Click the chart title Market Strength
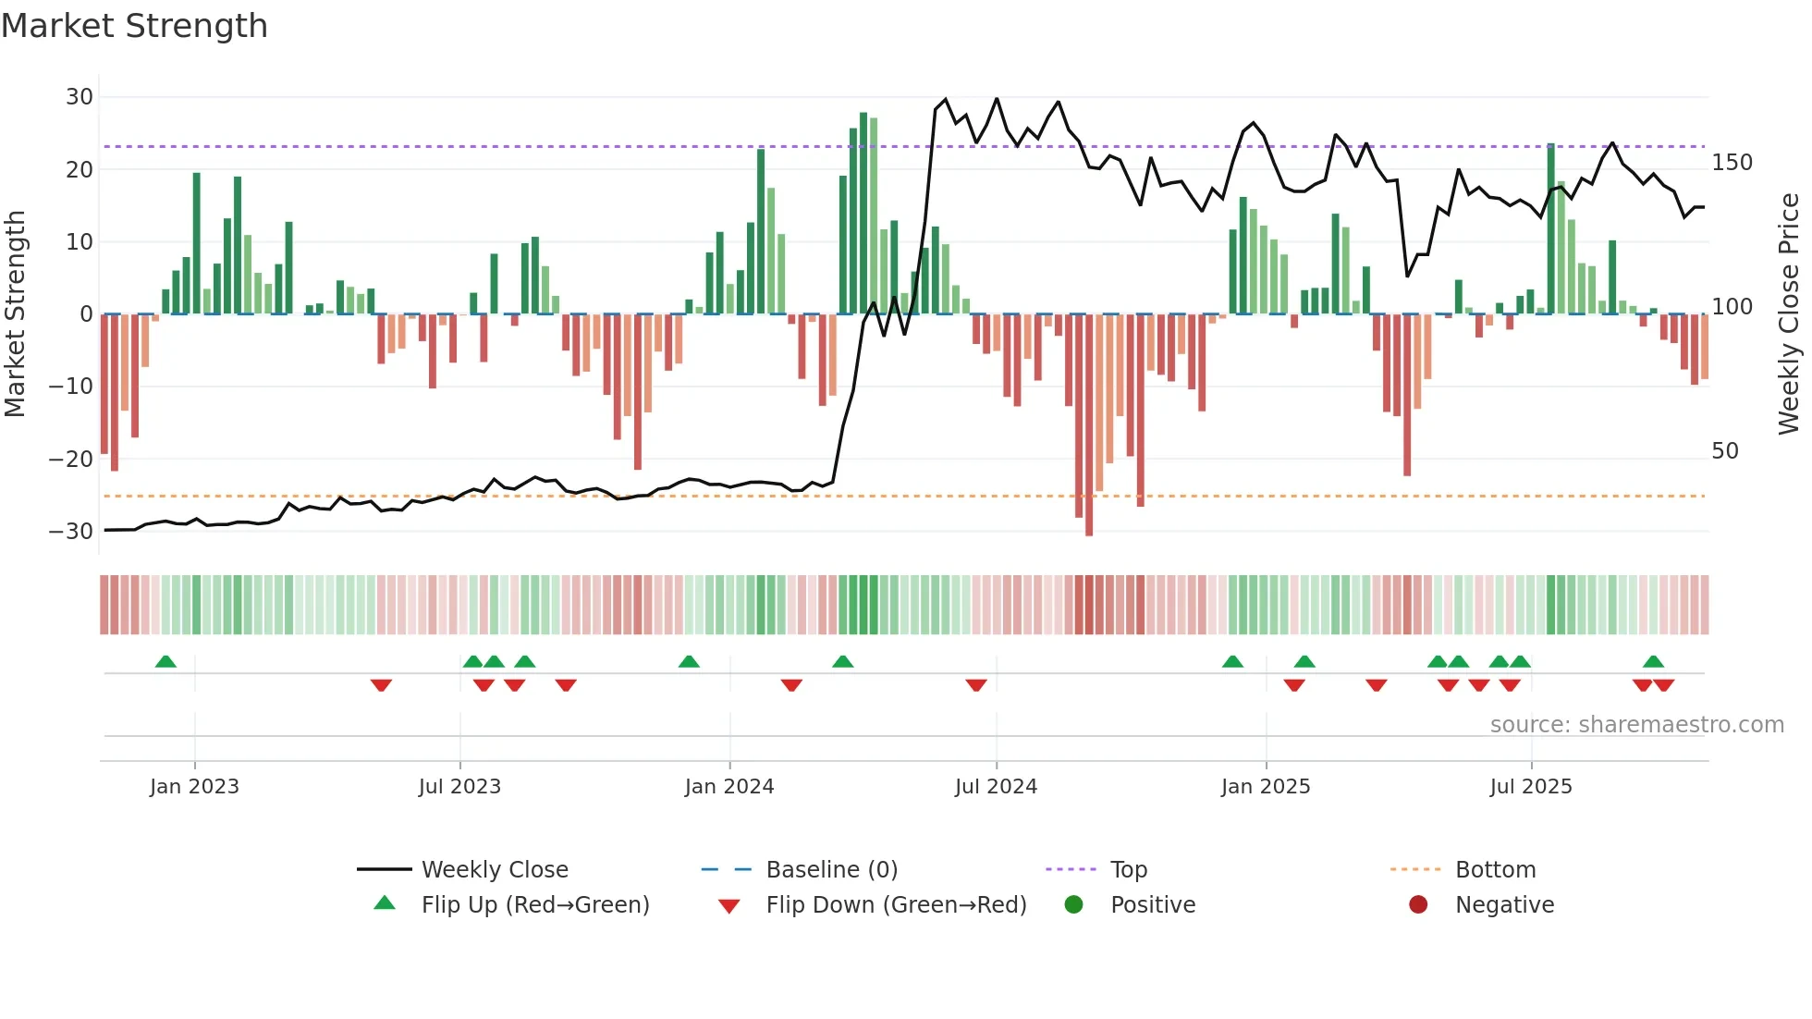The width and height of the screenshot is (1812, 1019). coord(134,26)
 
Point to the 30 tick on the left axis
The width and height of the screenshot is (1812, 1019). coord(80,97)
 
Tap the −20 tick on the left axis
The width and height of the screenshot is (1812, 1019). coord(71,459)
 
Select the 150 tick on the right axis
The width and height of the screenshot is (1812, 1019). coord(1732,163)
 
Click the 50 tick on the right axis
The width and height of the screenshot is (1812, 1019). coord(1725,451)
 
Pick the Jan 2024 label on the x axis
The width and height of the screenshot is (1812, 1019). coord(728,787)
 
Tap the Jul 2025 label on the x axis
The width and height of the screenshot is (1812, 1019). coord(1530,787)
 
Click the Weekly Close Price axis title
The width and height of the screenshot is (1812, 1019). coord(1789,314)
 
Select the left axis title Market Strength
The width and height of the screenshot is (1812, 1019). coord(16,314)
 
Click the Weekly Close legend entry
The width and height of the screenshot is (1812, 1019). coord(495,870)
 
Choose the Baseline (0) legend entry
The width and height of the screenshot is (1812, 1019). coord(831,870)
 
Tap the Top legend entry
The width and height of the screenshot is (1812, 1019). coord(1128,870)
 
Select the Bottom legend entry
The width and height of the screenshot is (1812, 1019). coord(1495,870)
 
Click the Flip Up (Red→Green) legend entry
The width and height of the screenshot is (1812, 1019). coord(535,905)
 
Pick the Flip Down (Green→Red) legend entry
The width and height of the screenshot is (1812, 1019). coord(896,905)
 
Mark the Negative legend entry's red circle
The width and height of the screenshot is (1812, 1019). coord(1418,905)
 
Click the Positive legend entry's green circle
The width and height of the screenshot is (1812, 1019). coord(1073,905)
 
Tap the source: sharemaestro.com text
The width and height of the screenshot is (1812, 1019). coord(1636,725)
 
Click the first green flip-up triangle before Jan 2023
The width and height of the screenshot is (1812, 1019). coord(165,662)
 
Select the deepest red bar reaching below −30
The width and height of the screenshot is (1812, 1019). coord(1089,425)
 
